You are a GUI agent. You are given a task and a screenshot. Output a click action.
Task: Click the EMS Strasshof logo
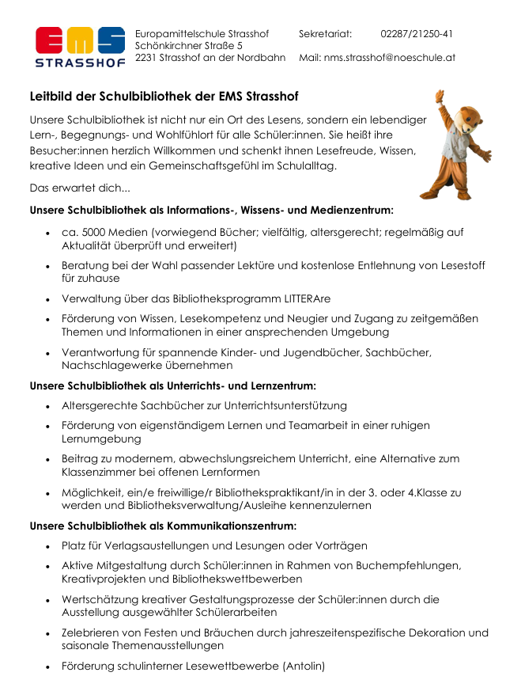tap(80, 47)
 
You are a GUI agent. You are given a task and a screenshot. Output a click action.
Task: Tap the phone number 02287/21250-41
tap(417, 34)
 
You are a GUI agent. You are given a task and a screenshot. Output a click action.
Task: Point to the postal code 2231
tap(146, 58)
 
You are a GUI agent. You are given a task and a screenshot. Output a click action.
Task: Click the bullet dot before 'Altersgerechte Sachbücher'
tap(49, 406)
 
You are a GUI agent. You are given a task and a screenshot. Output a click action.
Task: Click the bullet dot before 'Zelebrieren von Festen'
tap(49, 633)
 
